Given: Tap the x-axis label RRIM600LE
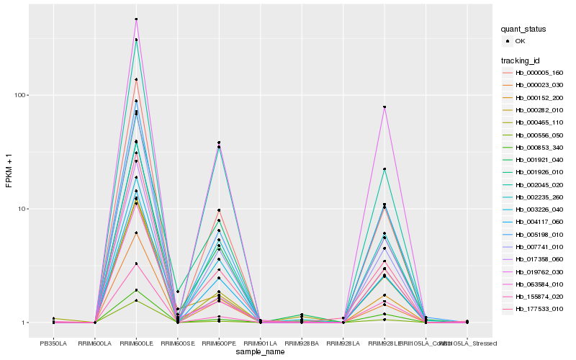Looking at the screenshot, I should tap(136, 343).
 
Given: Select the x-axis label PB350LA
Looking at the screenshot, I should tap(53, 343).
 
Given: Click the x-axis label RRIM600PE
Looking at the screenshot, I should tap(219, 343).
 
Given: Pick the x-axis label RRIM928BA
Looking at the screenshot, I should tap(302, 343).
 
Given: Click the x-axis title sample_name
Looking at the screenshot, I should tap(260, 351).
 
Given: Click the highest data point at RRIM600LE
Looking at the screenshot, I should tap(136, 19).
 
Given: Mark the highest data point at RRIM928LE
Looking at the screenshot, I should tap(384, 107).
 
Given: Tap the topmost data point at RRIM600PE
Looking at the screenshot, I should tap(219, 143).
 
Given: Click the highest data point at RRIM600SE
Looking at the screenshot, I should tap(177, 292).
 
